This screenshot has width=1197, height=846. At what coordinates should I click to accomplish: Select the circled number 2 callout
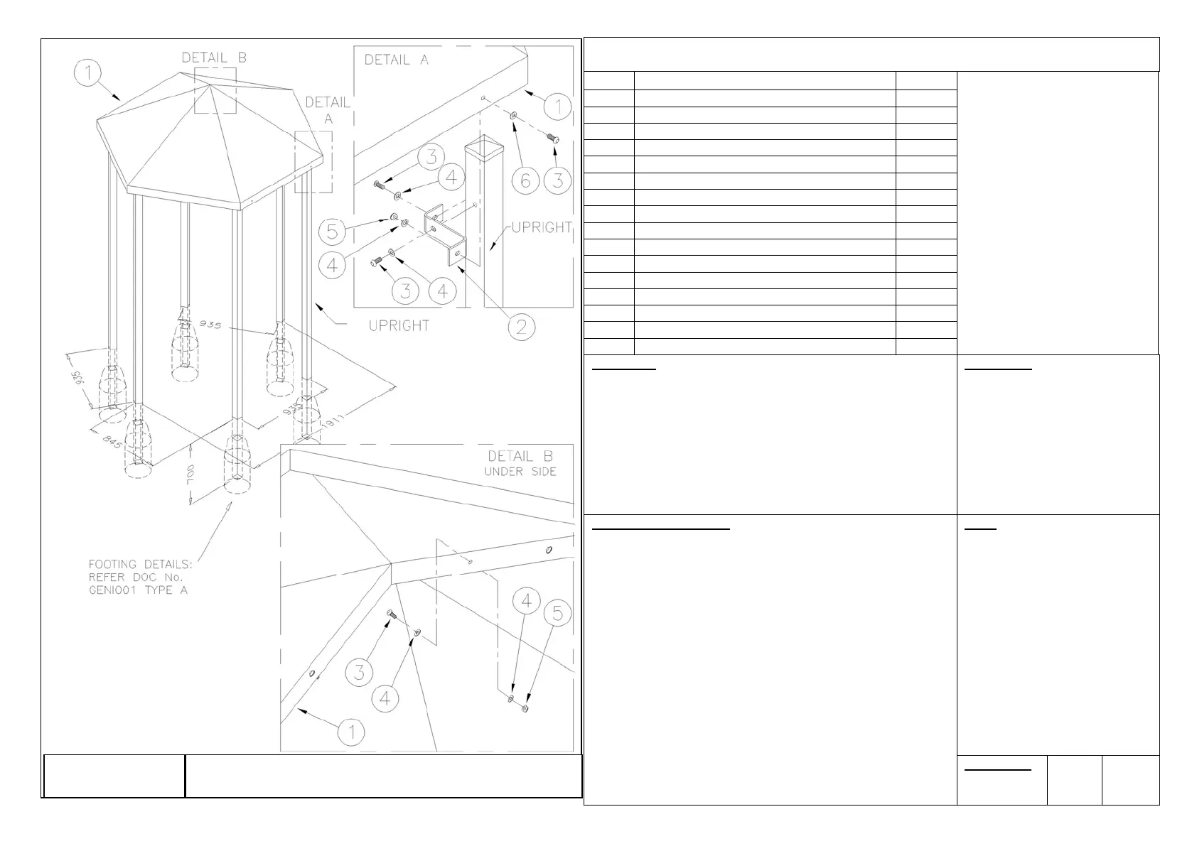pyautogui.click(x=522, y=327)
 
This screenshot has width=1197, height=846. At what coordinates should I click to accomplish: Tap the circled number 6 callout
pyautogui.click(x=525, y=180)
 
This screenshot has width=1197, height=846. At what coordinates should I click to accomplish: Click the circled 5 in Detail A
pyautogui.click(x=332, y=231)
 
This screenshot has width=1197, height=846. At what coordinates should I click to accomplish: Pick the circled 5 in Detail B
pyautogui.click(x=557, y=613)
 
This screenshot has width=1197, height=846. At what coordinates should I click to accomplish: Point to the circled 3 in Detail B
pyautogui.click(x=360, y=671)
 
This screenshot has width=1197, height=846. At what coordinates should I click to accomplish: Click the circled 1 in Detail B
pyautogui.click(x=352, y=731)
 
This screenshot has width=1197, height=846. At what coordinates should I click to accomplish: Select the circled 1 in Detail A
pyautogui.click(x=558, y=107)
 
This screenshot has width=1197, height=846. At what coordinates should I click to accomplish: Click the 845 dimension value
pyautogui.click(x=110, y=442)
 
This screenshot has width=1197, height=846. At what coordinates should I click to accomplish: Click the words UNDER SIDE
pyautogui.click(x=520, y=472)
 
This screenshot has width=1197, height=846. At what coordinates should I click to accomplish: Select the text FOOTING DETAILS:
pyautogui.click(x=140, y=564)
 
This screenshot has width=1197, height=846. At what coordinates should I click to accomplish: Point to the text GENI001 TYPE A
pyautogui.click(x=138, y=590)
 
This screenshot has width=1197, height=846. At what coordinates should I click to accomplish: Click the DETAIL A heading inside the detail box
pyautogui.click(x=397, y=60)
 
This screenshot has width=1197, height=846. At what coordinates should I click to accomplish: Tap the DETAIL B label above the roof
pyautogui.click(x=214, y=58)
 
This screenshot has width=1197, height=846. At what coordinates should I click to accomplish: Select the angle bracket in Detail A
pyautogui.click(x=448, y=234)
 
